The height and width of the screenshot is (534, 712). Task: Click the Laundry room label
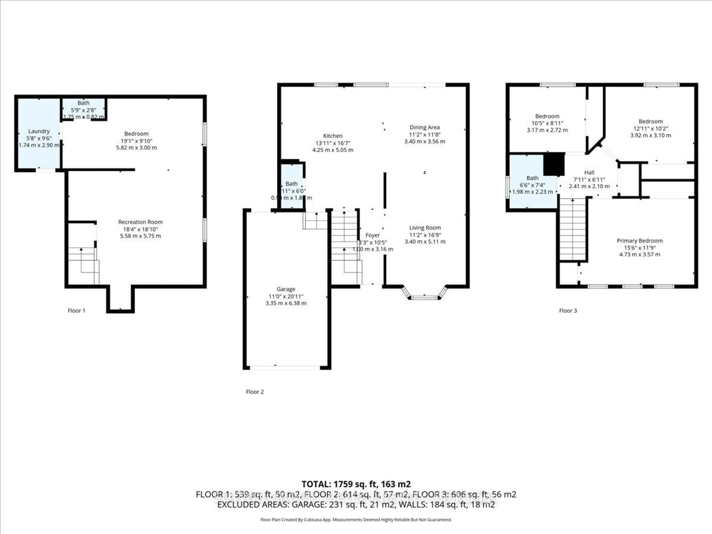39,131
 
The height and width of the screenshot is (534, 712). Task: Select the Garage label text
286,289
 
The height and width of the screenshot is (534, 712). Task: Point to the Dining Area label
425,127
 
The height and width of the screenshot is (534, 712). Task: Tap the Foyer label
373,235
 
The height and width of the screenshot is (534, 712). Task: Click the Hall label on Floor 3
589,172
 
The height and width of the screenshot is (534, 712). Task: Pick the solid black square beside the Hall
554,164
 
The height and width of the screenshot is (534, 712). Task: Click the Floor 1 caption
76,311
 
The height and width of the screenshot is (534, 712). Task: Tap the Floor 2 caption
255,392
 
